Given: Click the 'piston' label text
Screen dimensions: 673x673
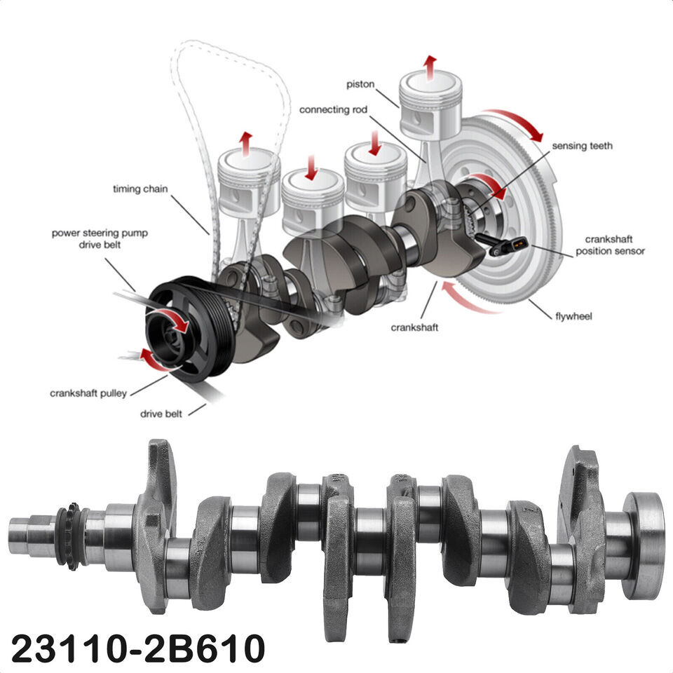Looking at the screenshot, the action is coord(360,85).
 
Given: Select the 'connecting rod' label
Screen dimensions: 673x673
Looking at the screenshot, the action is coord(333,110).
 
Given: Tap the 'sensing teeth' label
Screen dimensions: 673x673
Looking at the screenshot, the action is coord(582,146).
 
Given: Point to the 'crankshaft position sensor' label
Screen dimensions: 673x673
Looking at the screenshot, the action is coord(611,245).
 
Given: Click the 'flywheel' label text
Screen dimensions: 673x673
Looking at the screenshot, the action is coord(573,317).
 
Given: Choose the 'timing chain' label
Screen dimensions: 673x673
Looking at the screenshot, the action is coord(140,189).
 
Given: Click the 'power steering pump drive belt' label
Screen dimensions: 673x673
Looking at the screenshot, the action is coord(100,238).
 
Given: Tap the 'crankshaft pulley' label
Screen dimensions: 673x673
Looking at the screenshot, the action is coord(88,393).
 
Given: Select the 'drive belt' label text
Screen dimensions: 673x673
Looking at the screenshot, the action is coord(161,414).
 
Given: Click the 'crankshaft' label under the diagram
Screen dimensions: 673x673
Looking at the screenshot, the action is coord(414,327).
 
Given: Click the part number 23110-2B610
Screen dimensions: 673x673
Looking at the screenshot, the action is coord(137,648).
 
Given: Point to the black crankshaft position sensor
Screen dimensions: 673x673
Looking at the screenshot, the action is coord(501,244).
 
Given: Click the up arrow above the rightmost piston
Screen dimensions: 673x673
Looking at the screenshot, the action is coord(429,67).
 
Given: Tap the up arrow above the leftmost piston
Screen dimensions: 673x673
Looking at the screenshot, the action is coord(246,144).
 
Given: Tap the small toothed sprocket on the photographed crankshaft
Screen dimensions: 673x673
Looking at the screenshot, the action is coord(72,536).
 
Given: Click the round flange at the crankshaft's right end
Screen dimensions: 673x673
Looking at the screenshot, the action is coord(644,545).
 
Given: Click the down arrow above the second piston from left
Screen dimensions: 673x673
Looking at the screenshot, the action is coord(311,168).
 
